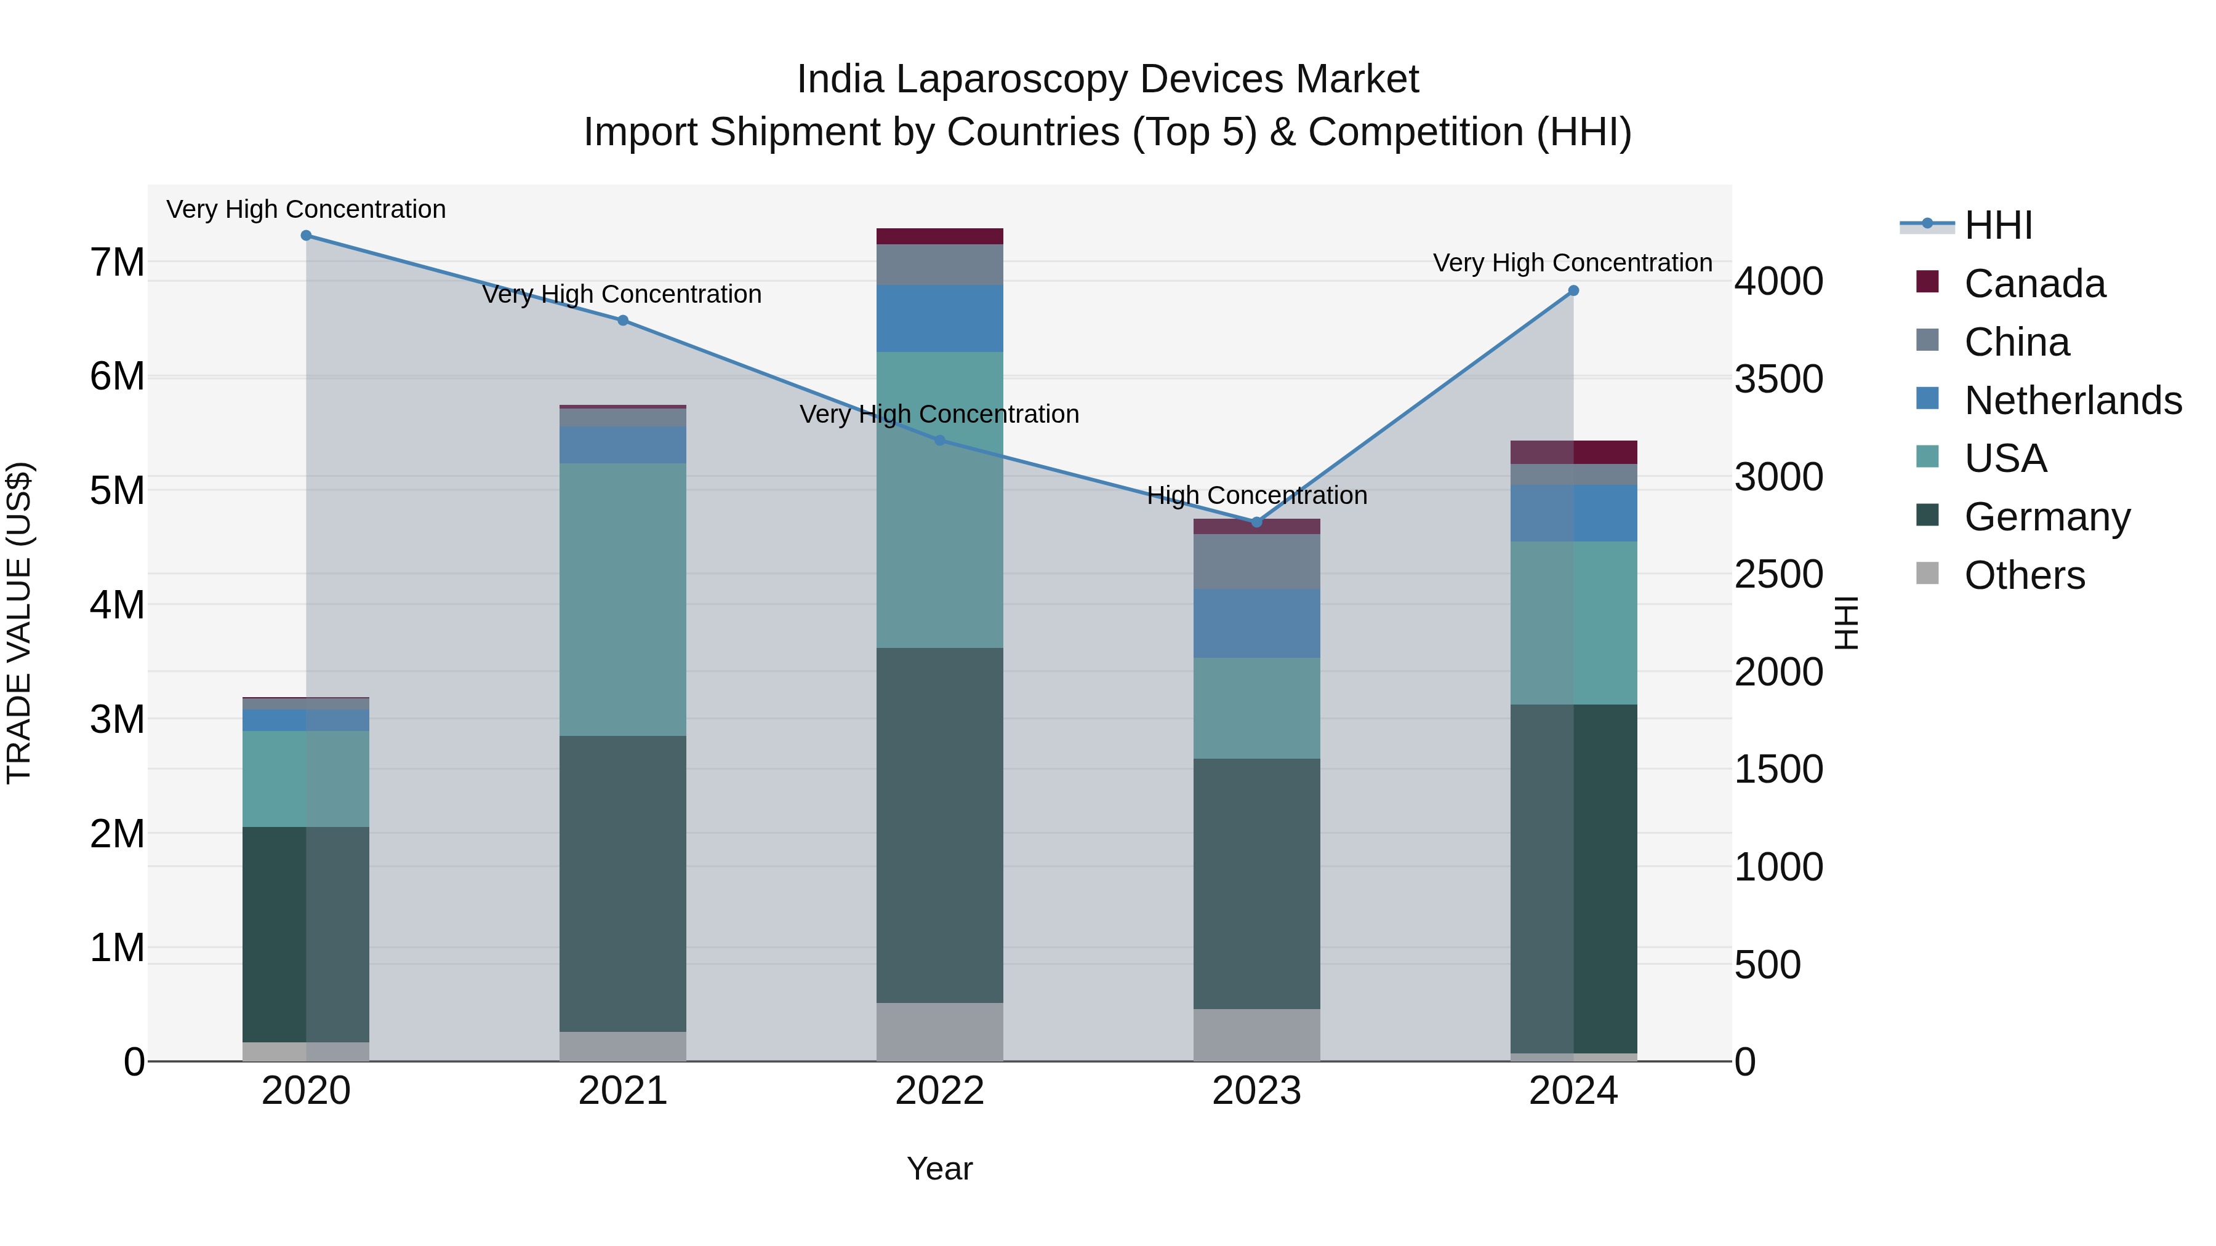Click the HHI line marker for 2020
(307, 235)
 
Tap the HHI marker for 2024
(1573, 290)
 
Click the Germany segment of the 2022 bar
(939, 826)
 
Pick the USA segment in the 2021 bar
(623, 599)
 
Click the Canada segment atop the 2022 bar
(939, 236)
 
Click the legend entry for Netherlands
(2073, 401)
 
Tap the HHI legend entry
(1998, 225)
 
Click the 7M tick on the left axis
(117, 262)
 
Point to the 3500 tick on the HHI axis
(1778, 379)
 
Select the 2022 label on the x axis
(939, 1091)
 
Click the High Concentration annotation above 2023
(1257, 495)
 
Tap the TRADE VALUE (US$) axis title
(19, 623)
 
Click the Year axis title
(939, 1168)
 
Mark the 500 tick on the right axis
(1767, 965)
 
